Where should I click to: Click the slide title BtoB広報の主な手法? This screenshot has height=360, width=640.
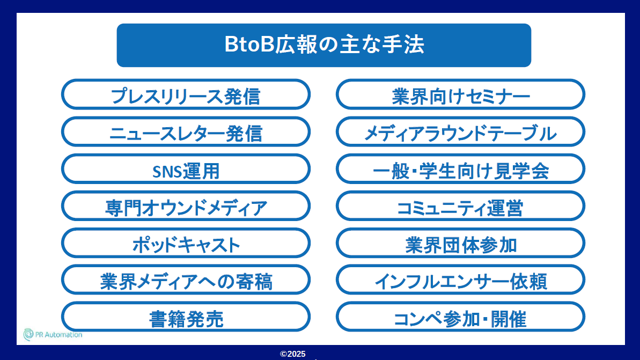click(323, 45)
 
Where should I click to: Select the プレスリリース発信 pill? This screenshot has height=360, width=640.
click(186, 94)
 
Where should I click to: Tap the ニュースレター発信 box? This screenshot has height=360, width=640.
click(186, 131)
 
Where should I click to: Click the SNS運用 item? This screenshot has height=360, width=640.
click(186, 168)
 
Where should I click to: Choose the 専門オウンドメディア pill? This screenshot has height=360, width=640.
click(186, 205)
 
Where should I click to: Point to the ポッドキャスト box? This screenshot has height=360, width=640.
click(186, 243)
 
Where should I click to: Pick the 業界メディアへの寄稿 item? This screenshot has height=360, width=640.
click(186, 280)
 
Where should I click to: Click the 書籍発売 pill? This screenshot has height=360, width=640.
click(186, 317)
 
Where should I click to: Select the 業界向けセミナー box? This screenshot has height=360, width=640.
click(460, 94)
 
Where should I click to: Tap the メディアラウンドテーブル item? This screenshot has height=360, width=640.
click(460, 131)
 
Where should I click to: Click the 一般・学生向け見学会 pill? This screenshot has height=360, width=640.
click(460, 168)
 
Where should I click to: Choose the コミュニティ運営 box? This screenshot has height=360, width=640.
click(460, 205)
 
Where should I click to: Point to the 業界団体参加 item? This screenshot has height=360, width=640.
click(460, 243)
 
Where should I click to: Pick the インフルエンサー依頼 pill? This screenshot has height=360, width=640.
click(460, 280)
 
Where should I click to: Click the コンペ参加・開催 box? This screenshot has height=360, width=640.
click(460, 317)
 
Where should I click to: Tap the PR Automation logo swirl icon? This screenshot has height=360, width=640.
click(28, 334)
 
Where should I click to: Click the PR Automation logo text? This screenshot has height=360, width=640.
click(58, 335)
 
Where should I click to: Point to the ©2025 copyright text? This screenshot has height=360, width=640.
click(293, 354)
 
